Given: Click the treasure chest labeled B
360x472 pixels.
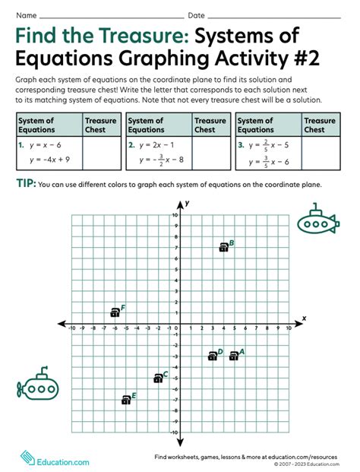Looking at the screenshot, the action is coord(223,246).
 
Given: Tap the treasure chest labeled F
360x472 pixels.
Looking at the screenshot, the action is coord(115,312).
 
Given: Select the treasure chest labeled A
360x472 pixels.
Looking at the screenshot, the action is coord(234,355).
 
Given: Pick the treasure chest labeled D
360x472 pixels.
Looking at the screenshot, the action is coord(213,356).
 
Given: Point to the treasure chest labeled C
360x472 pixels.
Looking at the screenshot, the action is coord(158,377).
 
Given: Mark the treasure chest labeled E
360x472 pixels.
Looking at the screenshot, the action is coord(126,399).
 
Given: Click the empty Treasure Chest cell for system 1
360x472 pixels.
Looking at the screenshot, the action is coord(101,152).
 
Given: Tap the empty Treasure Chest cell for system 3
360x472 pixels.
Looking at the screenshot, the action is coord(320,152).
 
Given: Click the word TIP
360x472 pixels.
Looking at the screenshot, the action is coord(25,183).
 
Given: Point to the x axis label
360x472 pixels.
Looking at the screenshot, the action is coord(304,318).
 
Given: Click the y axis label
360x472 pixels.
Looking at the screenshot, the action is coord(187,203).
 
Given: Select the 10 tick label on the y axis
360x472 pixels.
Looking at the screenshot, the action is coord(175,215).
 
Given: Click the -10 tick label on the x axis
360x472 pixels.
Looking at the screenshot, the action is coord(71,329).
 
